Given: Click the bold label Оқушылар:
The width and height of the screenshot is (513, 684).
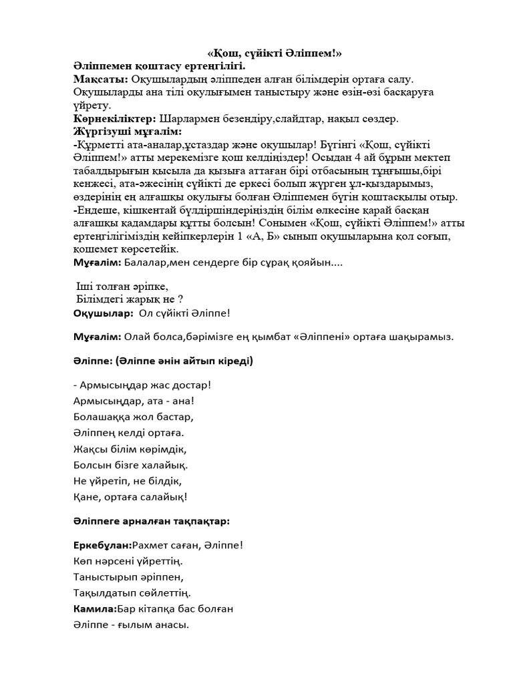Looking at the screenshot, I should coord(101,312).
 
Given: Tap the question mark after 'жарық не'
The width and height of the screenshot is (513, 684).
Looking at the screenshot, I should coord(180,299).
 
